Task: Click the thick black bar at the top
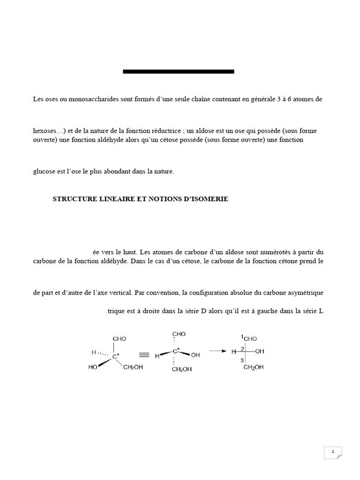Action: [x=178, y=71]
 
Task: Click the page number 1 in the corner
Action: [x=332, y=452]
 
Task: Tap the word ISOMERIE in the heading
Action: [x=210, y=199]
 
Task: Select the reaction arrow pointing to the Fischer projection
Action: [x=216, y=350]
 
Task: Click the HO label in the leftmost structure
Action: [x=93, y=367]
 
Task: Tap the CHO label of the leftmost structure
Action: [x=119, y=338]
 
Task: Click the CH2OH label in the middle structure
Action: [x=181, y=370]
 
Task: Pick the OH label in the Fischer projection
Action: [x=260, y=351]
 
